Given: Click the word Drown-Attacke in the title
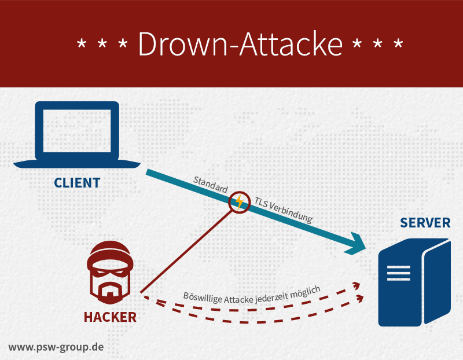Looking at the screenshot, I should (x=240, y=44).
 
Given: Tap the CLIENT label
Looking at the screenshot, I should (x=77, y=183).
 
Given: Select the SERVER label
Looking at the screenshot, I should (x=424, y=223).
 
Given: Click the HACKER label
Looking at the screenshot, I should (x=110, y=317).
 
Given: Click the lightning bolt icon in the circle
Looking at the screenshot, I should (x=238, y=202).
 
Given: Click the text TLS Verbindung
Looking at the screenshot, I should (x=283, y=210).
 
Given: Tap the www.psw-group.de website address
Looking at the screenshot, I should (x=56, y=347).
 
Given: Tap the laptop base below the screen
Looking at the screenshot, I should (x=77, y=163).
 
